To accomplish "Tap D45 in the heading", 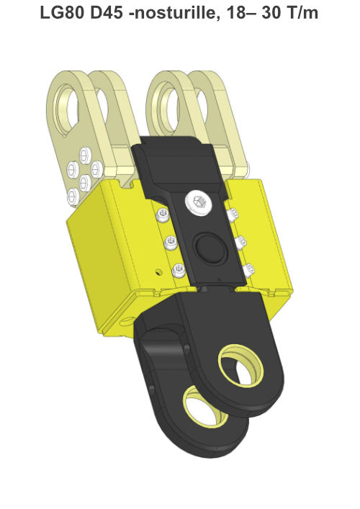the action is pos(106,13).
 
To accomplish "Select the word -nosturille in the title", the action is pos(173,13).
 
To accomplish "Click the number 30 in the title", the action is pos(271,13).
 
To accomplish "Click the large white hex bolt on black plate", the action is pos(198,202).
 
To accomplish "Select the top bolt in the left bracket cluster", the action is pos(85,154).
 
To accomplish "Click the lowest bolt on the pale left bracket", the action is pos(73,196).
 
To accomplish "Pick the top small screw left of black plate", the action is pos(163,215).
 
